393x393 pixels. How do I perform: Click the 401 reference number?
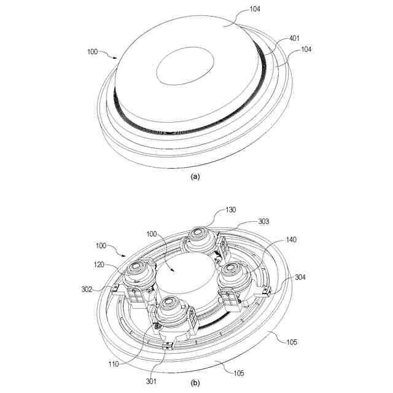[295, 38]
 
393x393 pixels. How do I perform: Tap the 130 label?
[231, 209]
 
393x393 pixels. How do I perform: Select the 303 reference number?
[263, 222]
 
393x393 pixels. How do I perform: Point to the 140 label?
[291, 239]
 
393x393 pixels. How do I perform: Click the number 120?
[99, 265]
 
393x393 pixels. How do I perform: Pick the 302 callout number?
[87, 289]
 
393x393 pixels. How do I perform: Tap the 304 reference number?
[300, 277]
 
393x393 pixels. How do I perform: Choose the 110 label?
[114, 364]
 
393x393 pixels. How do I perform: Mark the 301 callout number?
[151, 381]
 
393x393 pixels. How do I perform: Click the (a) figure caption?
[195, 177]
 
